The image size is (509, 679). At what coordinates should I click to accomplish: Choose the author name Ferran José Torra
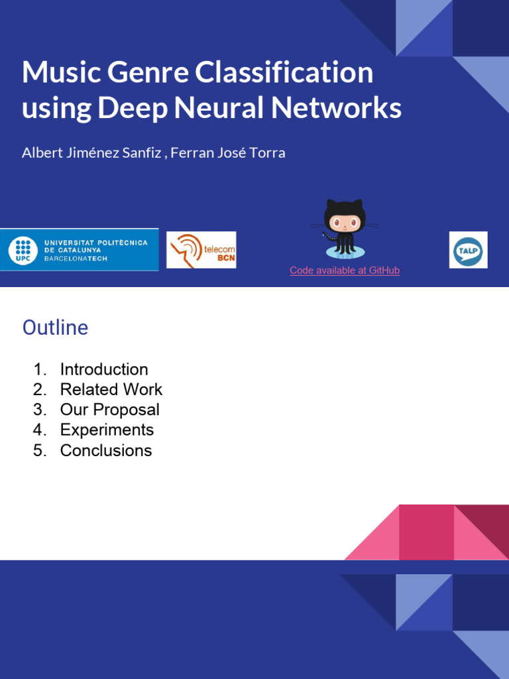(229, 153)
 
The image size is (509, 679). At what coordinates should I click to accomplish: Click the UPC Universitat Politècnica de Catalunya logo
(80, 250)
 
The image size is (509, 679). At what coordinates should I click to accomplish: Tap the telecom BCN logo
(201, 250)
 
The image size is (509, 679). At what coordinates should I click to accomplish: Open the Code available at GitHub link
(345, 271)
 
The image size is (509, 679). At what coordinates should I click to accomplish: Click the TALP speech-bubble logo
(468, 250)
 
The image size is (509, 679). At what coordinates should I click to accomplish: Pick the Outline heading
(55, 328)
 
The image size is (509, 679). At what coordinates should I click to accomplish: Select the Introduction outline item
(104, 369)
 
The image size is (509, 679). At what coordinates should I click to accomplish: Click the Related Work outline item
(111, 389)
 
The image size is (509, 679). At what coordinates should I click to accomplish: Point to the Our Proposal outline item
(110, 410)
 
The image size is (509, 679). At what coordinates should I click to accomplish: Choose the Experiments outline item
(107, 430)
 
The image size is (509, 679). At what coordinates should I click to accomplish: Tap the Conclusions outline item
(106, 450)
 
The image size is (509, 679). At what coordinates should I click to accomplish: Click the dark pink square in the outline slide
(426, 532)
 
